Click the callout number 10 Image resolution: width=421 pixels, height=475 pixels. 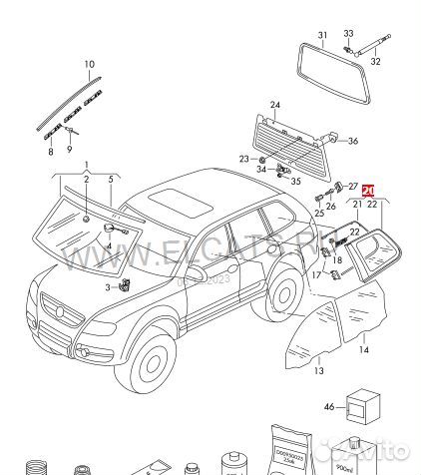pyautogui.click(x=89, y=65)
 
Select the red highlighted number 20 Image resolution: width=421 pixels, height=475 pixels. pyautogui.click(x=368, y=190)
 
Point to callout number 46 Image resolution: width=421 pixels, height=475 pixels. pyautogui.click(x=328, y=407)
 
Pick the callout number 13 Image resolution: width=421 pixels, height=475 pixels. pyautogui.click(x=318, y=371)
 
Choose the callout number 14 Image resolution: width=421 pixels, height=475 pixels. pyautogui.click(x=364, y=350)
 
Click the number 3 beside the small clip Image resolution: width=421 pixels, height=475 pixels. pyautogui.click(x=108, y=287)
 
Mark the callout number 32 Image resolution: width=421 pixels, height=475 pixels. pyautogui.click(x=375, y=62)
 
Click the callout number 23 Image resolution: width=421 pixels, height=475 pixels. pyautogui.click(x=243, y=159)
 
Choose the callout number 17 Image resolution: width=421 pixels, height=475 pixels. pyautogui.click(x=316, y=275)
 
